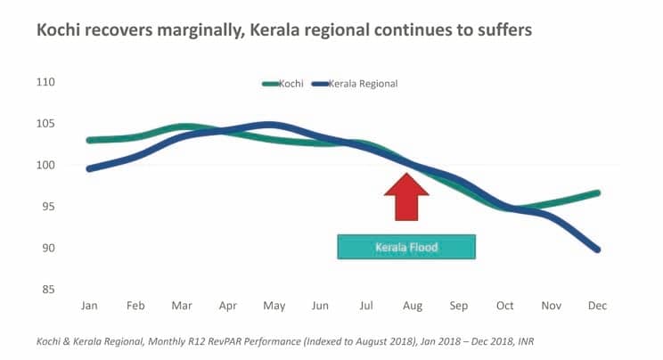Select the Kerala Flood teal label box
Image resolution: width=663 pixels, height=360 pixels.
[406, 247]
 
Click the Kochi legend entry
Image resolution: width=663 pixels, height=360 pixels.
[283, 83]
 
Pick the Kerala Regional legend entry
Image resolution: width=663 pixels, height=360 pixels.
[357, 83]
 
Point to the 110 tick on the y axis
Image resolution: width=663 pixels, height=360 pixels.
[45, 83]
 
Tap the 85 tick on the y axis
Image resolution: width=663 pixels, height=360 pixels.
[47, 290]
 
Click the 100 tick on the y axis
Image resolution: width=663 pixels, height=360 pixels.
[45, 166]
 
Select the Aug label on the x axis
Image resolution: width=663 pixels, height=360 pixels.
[412, 306]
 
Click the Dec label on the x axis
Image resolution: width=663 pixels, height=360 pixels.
[597, 306]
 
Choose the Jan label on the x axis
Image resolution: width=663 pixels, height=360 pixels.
[89, 306]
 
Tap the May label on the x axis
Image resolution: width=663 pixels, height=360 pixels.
[274, 306]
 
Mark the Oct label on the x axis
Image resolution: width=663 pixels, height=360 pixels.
[504, 306]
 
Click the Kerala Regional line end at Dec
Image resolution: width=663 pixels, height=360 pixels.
[596, 250]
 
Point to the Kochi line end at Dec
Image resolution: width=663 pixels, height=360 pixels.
[596, 192]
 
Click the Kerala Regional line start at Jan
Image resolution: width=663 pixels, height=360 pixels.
[89, 168]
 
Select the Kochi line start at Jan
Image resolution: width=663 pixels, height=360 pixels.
[89, 140]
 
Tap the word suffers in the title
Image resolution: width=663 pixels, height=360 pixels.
[502, 29]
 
